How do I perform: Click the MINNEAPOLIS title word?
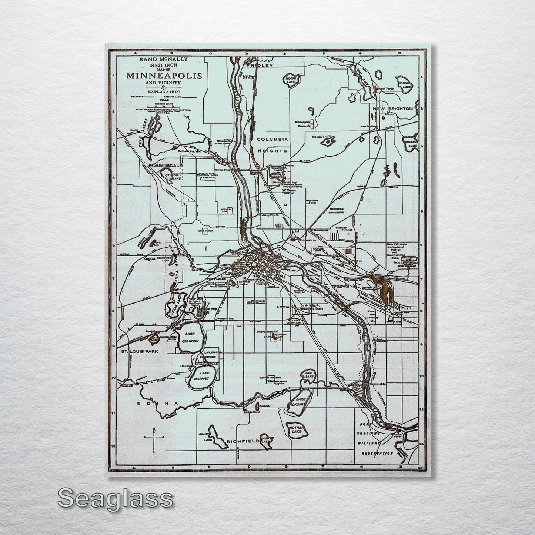point(164,76)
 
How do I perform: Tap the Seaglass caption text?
point(115,499)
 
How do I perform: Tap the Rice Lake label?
point(308,374)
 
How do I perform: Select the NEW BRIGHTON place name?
point(392,109)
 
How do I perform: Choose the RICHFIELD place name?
point(241,441)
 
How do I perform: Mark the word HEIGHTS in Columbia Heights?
point(273,151)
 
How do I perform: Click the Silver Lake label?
point(321,137)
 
